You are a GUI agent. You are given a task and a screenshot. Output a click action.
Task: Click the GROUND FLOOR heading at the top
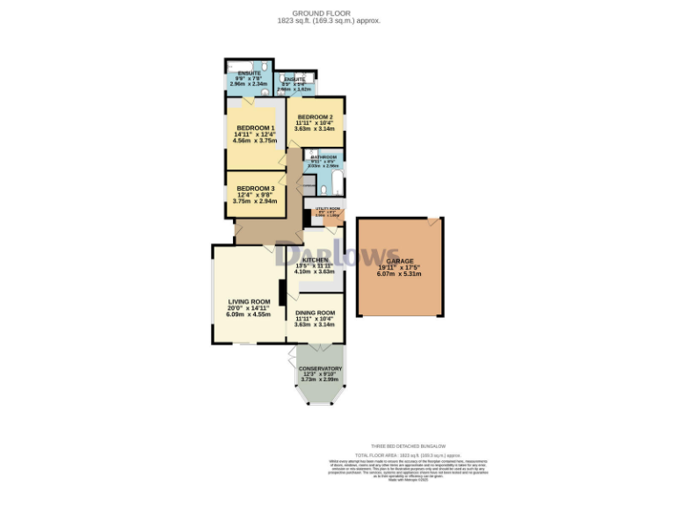click(x=337, y=13)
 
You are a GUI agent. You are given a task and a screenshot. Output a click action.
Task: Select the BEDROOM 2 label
click(x=314, y=117)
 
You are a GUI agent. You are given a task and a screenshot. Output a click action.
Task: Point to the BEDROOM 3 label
click(x=255, y=188)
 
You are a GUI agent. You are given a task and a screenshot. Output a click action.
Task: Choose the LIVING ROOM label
click(x=247, y=301)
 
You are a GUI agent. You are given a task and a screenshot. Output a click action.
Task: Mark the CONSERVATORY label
click(x=320, y=368)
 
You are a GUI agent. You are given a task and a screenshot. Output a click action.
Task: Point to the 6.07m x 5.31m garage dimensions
click(x=399, y=274)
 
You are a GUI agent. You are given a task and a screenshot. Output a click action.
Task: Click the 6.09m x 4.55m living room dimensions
click(x=247, y=314)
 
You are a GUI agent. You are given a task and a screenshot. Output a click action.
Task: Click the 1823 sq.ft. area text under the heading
click(x=337, y=20)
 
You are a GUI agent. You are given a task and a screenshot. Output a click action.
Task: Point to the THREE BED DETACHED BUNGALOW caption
click(x=399, y=446)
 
